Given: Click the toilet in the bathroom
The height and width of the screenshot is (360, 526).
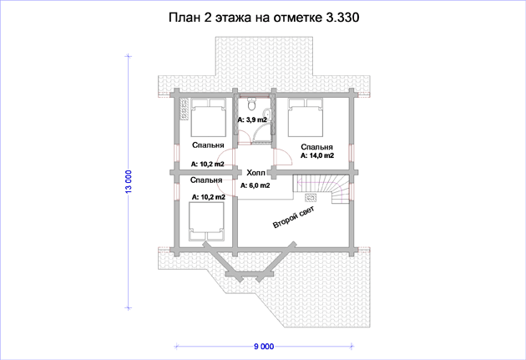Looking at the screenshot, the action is click(251, 104).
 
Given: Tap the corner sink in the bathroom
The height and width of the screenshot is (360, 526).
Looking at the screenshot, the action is click(267, 113).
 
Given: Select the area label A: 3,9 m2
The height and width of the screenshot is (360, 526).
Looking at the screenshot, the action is click(252, 119).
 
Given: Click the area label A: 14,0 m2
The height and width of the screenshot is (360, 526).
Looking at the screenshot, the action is click(317, 155).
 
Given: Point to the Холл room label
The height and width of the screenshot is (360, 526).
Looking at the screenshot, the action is click(256, 173).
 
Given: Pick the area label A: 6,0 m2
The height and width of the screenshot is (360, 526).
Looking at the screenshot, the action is click(255, 185).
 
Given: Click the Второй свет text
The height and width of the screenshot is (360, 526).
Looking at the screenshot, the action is click(294, 217).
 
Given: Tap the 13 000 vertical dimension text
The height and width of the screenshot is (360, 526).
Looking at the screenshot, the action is click(129, 181).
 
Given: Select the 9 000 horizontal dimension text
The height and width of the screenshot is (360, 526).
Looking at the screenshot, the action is click(264, 347).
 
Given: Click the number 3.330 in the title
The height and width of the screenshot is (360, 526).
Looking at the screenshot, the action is click(342, 18).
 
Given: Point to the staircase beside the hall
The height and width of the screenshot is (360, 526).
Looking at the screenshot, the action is click(321, 189).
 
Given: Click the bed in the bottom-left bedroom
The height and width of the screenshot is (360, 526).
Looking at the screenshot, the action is click(206, 221).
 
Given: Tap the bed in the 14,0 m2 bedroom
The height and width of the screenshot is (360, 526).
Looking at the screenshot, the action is click(306, 118).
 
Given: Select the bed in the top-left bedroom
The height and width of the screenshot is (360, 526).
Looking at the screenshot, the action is click(208, 118).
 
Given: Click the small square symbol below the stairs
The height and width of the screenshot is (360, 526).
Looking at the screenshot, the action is click(310, 198).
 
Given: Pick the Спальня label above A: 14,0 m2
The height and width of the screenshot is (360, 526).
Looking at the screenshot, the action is click(316, 147).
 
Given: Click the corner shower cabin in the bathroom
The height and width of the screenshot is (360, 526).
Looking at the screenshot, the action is click(262, 134).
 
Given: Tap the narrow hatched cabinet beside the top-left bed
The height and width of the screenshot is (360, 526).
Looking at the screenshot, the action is click(185, 109).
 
